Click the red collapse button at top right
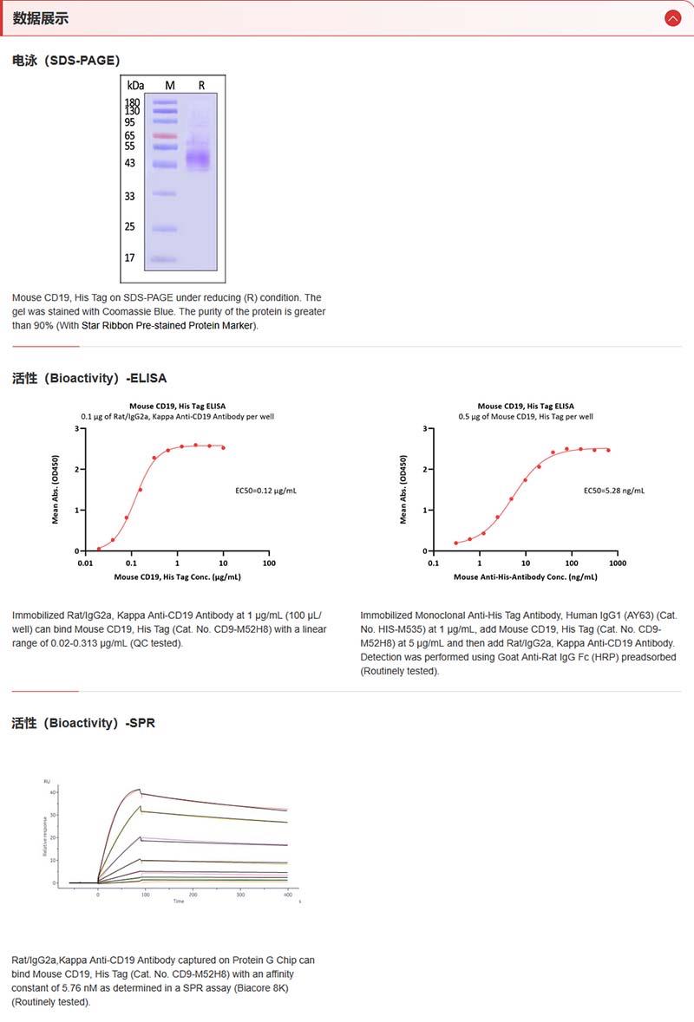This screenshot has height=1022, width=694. (672, 17)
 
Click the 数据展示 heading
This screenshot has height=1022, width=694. (41, 18)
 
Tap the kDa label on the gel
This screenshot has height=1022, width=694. (135, 85)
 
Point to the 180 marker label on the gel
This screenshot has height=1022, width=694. (132, 102)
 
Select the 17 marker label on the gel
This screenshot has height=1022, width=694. (129, 258)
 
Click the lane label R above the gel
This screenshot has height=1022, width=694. (202, 85)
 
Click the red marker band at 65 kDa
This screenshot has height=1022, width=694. (165, 136)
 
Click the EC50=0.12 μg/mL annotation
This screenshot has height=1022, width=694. (266, 491)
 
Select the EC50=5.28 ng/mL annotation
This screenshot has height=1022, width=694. (614, 491)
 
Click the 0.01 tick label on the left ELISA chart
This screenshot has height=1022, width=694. (85, 563)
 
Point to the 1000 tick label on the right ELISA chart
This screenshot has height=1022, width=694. (617, 563)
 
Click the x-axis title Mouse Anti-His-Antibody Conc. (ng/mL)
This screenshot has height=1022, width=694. (526, 576)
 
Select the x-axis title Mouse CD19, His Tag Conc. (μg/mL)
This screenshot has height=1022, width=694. (178, 576)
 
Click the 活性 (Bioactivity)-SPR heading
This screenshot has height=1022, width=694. (83, 723)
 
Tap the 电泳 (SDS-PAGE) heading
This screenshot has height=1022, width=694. (66, 60)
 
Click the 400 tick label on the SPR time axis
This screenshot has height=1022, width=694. (287, 894)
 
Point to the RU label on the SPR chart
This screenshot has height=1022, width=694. (47, 782)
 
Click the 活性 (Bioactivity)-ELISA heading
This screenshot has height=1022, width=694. (89, 378)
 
